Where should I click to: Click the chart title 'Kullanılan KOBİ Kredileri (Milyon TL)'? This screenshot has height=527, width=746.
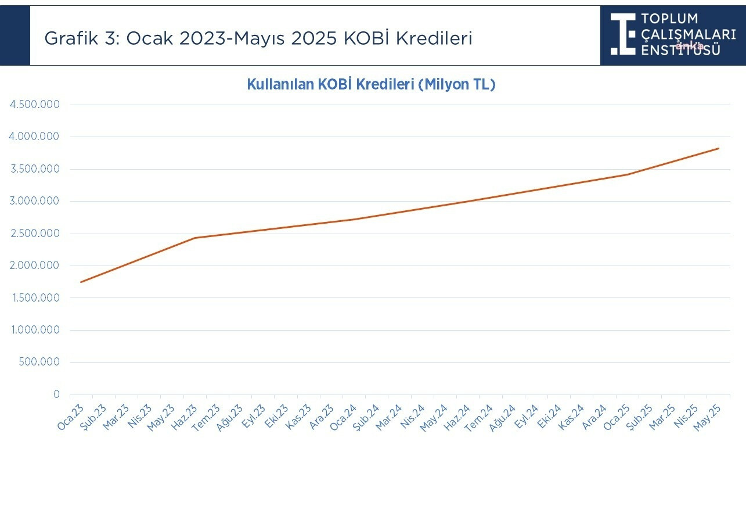click(371, 84)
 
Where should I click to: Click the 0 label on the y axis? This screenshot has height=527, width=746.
click(56, 395)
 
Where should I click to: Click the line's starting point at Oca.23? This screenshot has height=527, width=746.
click(81, 282)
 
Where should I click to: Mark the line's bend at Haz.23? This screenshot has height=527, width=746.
click(194, 238)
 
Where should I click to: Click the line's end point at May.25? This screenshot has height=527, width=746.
click(718, 148)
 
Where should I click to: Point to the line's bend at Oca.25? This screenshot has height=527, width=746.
click(627, 174)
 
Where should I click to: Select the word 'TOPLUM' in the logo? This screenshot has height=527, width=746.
click(670, 19)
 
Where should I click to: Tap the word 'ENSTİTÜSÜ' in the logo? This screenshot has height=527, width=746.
click(681, 49)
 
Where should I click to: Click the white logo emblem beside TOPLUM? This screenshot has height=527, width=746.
click(623, 34)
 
